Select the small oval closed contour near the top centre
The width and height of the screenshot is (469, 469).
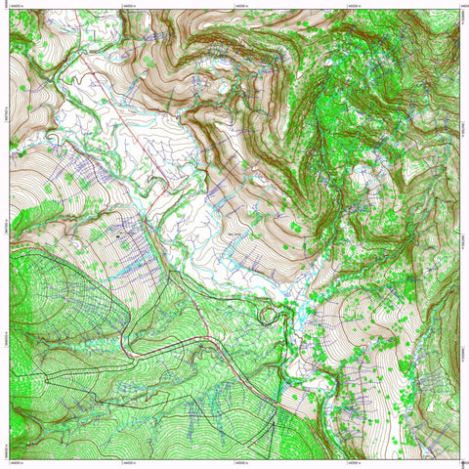point(227,87)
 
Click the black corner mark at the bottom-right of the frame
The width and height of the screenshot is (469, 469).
point(461,460)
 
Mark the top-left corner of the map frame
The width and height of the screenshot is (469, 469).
point(9,9)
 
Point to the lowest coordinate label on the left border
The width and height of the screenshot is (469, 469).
point(5,450)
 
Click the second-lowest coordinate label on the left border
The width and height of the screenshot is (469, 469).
point(5,338)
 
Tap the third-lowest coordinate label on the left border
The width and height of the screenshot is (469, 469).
point(5,226)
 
